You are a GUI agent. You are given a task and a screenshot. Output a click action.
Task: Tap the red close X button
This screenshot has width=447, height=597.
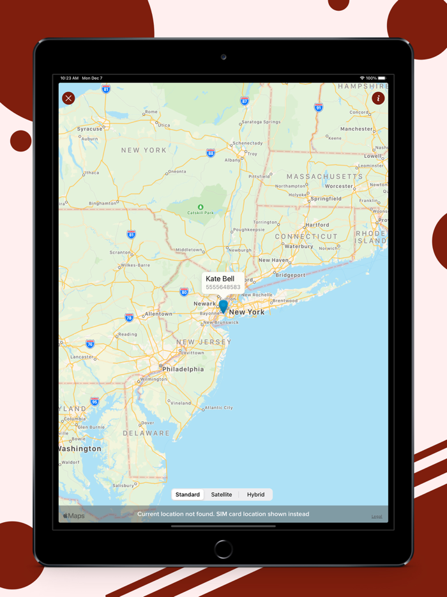coord(68,98)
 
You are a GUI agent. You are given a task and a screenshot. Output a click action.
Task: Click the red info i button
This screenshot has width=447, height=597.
coord(378,98)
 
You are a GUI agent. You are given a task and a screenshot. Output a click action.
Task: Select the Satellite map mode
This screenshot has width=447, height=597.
coord(222,495)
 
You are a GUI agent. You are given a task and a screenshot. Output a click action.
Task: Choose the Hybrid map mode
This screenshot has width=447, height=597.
coord(255,495)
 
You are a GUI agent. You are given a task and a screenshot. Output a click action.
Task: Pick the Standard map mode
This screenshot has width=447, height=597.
coord(188,495)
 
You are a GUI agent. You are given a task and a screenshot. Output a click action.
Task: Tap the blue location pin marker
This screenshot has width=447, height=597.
coord(223,307)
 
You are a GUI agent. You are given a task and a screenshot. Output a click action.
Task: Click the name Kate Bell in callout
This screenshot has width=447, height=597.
coord(220,279)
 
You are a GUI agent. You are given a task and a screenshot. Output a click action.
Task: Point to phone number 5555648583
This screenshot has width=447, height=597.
coord(223,288)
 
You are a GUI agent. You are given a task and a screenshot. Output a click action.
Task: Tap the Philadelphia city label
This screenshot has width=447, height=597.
coord(183,369)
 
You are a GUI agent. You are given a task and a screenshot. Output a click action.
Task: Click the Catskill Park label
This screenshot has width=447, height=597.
coord(201,213)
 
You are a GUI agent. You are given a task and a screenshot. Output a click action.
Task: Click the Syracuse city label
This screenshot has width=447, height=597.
coord(90,129)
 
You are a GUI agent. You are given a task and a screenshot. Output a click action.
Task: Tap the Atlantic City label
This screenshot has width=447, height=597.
coord(218,408)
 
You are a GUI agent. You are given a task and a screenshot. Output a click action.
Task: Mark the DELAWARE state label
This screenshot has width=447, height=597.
coord(147,433)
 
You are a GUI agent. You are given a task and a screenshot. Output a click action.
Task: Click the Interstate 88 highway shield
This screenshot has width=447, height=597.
coord(211,153)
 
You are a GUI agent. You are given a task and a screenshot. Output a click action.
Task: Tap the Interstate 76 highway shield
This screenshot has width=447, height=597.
coord(90,344)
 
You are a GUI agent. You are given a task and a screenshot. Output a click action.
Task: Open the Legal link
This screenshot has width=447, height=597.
coord(377,516)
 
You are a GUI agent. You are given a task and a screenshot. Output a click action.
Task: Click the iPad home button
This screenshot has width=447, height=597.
coord(223,548)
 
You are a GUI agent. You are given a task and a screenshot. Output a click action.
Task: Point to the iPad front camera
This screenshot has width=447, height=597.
coord(223,57)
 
